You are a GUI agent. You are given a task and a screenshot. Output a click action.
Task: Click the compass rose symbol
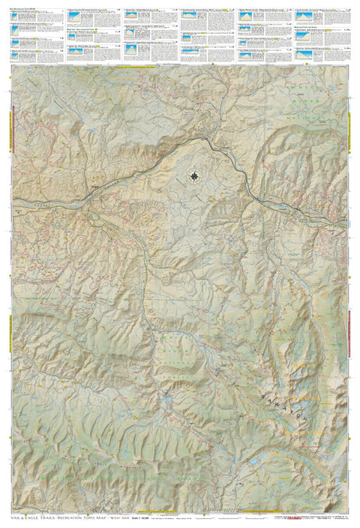tap(195, 176)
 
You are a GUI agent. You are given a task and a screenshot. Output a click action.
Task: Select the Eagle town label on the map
tap(95, 186)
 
